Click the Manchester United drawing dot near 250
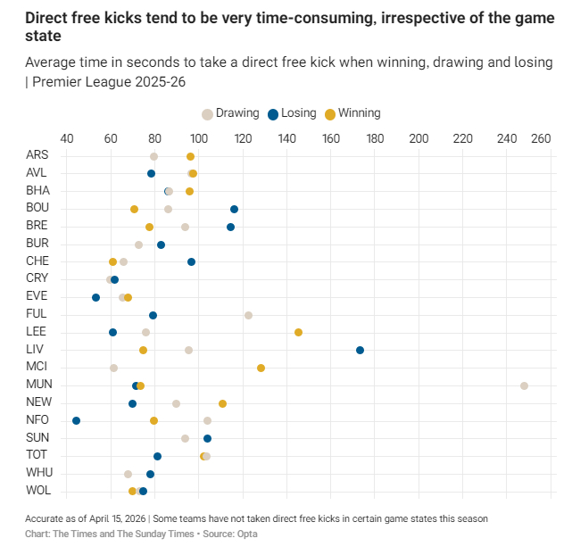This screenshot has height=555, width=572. (x=524, y=385)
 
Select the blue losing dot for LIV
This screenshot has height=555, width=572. (x=360, y=350)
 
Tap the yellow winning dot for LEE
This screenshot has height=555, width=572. (x=298, y=332)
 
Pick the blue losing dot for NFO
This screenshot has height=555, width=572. (x=76, y=420)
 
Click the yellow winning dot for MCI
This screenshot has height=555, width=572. (x=261, y=368)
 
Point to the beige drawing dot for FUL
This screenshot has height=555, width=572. (x=248, y=315)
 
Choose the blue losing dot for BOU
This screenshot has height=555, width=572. (x=234, y=209)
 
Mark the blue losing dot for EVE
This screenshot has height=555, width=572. (x=95, y=297)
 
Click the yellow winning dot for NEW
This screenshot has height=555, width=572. (x=222, y=403)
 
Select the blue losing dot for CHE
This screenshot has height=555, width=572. (x=191, y=261)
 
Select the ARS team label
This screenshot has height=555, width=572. (x=37, y=155)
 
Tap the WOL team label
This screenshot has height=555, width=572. (x=38, y=491)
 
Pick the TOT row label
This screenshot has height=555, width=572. (x=37, y=455)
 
